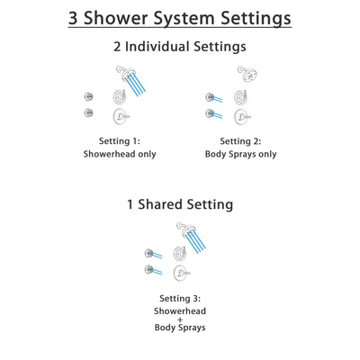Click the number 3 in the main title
(x=76, y=18)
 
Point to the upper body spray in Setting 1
(x=88, y=96)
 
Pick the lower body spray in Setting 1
(x=88, y=112)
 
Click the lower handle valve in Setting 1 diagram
(x=120, y=115)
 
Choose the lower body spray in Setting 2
(x=210, y=113)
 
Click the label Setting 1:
(x=120, y=139)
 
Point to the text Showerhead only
(x=120, y=154)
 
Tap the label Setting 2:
(x=240, y=139)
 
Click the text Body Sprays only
(x=240, y=154)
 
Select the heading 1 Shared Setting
(x=180, y=204)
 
